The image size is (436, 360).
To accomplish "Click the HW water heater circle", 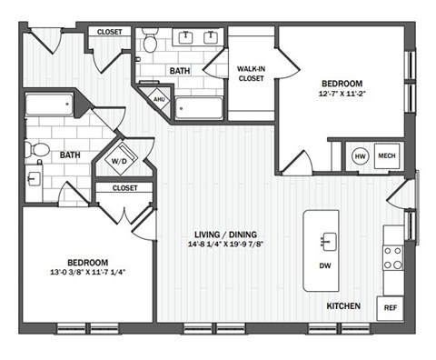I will [x=360, y=156].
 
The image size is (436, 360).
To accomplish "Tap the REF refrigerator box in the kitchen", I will [x=391, y=307].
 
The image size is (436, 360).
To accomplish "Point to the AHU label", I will [x=159, y=100].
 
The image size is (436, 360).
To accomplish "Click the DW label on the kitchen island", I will [x=324, y=266].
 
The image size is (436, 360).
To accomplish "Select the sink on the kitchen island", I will [x=325, y=241].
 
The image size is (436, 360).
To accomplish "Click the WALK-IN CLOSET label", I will [x=251, y=74].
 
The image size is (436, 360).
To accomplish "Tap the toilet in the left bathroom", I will [x=39, y=152].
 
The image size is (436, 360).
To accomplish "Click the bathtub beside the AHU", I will [x=198, y=109].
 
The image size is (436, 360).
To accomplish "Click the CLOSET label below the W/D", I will [x=124, y=188].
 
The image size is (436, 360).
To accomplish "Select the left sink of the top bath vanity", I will [x=189, y=38].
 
